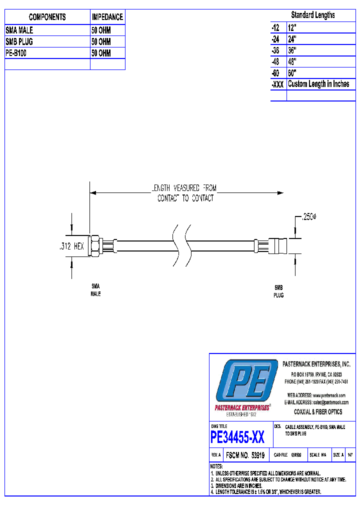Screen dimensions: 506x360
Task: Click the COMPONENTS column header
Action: [47, 17]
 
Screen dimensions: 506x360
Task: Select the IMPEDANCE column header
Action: [107, 17]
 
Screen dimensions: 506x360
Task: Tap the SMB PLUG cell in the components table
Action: [19, 42]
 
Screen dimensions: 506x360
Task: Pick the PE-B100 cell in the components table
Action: [16, 53]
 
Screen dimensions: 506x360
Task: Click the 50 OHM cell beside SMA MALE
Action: [101, 30]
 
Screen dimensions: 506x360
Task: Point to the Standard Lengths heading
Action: [313, 15]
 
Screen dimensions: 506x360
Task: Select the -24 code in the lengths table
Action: [276, 39]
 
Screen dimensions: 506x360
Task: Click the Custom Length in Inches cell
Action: [318, 84]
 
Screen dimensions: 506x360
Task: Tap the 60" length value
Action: [292, 73]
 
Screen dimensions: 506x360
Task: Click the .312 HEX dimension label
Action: [68, 246]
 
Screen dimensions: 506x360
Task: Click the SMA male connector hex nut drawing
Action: [93, 246]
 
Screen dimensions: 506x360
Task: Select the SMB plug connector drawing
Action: [276, 246]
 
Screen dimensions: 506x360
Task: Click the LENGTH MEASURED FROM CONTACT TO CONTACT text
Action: [185, 193]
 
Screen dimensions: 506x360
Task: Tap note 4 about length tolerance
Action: [267, 492]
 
